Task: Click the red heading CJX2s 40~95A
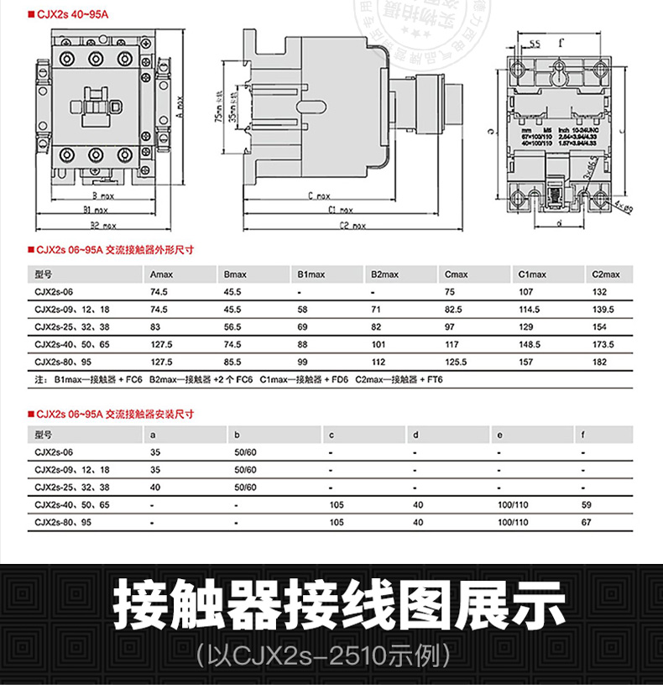tap(63, 14)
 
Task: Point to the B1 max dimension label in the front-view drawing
tap(95, 210)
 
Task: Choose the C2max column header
tap(605, 274)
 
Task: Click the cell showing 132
tap(599, 292)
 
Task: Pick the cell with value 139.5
tap(603, 310)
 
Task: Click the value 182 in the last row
tap(599, 362)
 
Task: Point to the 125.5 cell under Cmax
tap(457, 362)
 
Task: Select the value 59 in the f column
tap(587, 504)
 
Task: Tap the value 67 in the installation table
tap(587, 522)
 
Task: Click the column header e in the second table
tap(500, 435)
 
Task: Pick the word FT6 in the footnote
tap(435, 380)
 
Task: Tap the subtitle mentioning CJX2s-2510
tap(331, 654)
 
